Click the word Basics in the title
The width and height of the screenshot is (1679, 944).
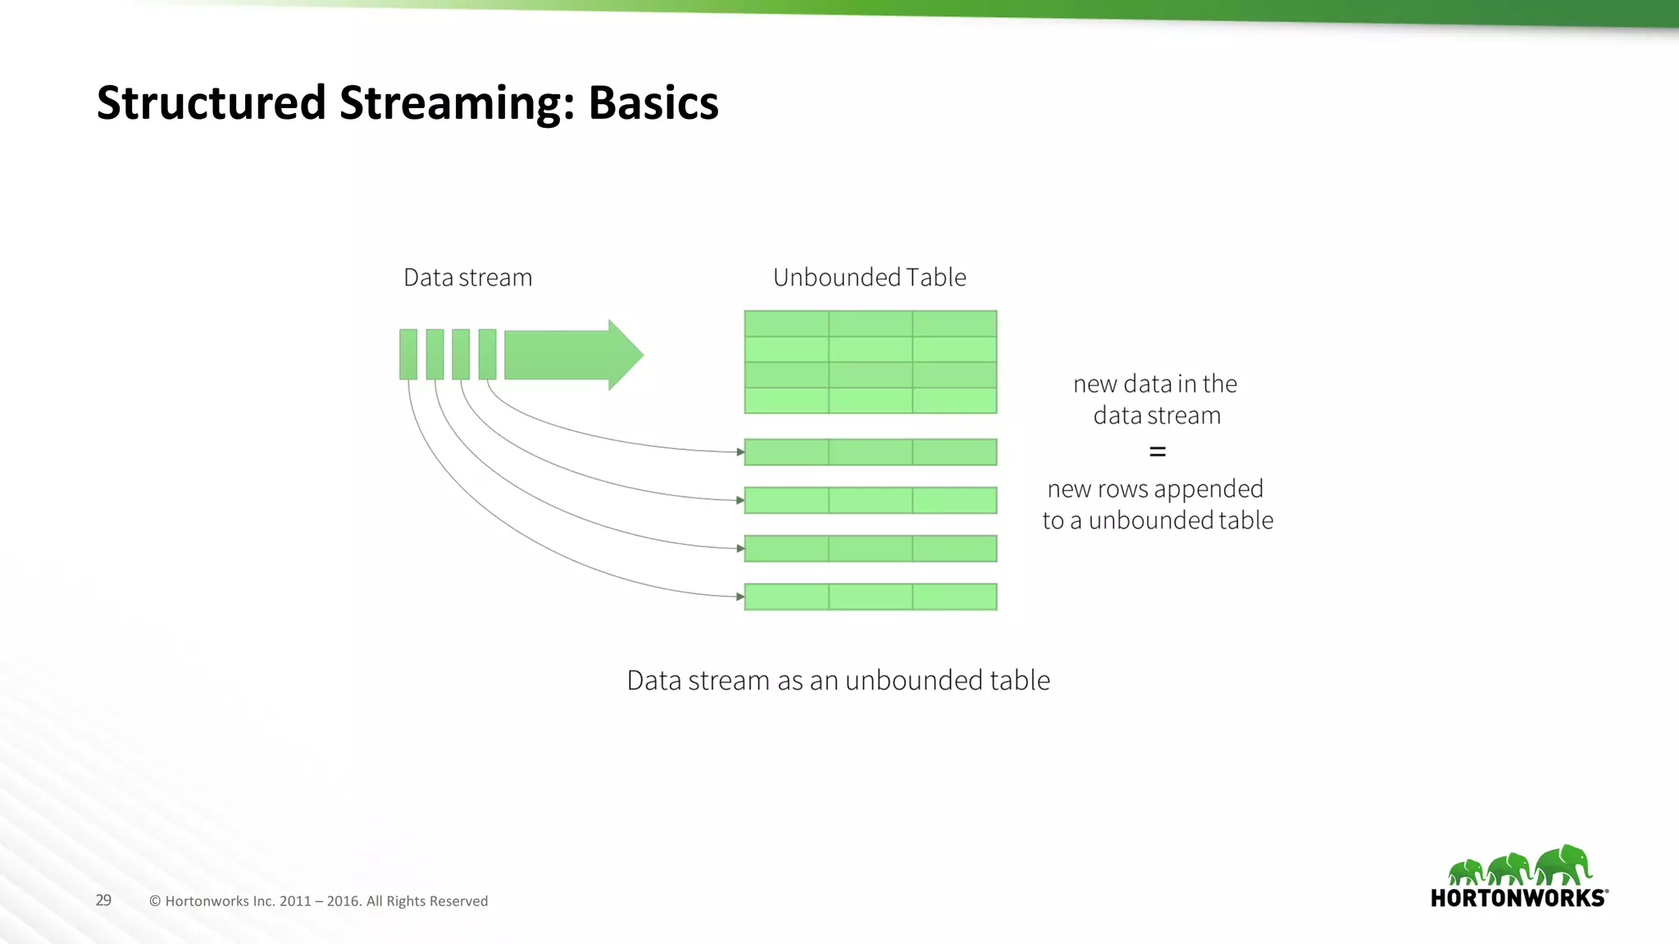653,103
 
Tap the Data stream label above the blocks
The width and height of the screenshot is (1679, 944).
467,278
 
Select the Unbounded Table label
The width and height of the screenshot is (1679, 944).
869,278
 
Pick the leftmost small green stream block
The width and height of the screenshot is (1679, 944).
408,354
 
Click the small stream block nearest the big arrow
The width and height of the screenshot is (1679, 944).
487,354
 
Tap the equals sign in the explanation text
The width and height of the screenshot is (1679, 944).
1157,452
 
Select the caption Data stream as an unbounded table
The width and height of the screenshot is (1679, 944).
838,680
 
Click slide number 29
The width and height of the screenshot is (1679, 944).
103,900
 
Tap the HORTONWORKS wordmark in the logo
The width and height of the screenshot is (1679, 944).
1518,898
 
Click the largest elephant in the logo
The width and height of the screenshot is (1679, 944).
1563,865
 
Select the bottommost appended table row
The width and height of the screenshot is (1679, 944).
870,597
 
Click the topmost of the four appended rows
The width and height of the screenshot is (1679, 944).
870,452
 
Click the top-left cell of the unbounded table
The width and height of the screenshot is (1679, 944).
786,324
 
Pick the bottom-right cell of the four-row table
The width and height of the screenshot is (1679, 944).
954,401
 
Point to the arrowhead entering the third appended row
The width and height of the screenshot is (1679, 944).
740,548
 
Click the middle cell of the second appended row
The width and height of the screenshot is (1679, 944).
870,501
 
